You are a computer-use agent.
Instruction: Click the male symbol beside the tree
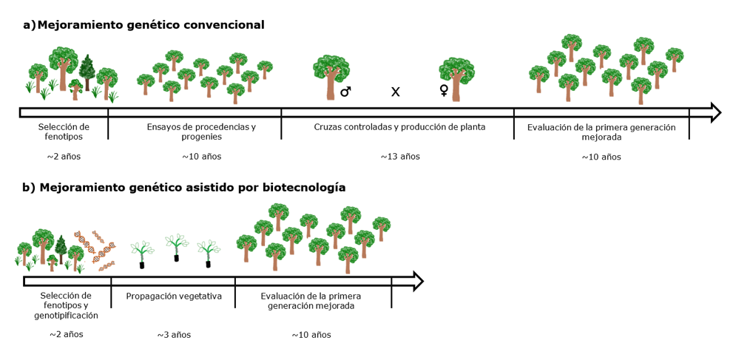(x=345, y=92)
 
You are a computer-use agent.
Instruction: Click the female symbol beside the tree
(x=444, y=90)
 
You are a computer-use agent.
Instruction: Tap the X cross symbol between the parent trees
(x=395, y=92)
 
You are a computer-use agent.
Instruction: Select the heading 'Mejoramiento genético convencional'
(x=151, y=25)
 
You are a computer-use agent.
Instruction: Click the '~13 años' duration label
(x=400, y=157)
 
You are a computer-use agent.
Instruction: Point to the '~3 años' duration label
(x=174, y=335)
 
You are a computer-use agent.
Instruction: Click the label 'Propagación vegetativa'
(x=174, y=296)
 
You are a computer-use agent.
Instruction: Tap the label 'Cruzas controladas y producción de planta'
(x=399, y=127)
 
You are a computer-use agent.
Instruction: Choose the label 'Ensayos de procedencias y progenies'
(x=201, y=132)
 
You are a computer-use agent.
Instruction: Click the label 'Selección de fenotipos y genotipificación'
(x=67, y=305)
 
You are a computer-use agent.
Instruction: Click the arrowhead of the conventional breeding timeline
(x=715, y=112)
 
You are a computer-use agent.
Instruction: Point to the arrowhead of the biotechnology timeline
(x=418, y=281)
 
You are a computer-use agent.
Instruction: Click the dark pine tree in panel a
(x=87, y=72)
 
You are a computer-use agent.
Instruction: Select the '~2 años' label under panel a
(x=64, y=157)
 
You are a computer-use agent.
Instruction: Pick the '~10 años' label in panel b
(x=311, y=335)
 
